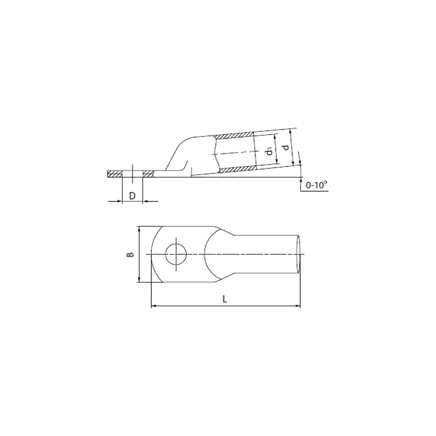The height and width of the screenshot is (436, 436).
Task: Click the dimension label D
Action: pos(133,196)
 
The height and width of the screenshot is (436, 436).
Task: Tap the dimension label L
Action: pos(225,299)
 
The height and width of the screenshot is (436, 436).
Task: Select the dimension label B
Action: pos(130,254)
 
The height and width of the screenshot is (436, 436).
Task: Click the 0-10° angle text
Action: pos(317,185)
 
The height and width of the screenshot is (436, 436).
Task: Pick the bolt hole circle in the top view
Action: pos(176,254)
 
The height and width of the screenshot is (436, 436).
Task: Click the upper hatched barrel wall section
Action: pos(234,136)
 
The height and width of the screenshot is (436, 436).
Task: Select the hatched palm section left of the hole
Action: pos(115,174)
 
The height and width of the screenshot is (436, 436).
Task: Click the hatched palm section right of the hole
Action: pos(148,174)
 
